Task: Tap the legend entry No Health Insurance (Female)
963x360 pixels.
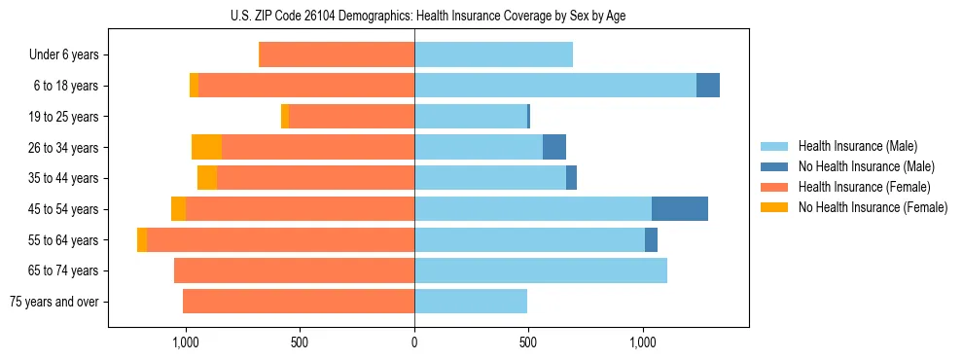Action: [873, 207]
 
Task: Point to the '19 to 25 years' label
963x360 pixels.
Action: [64, 117]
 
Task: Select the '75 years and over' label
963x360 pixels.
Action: [54, 302]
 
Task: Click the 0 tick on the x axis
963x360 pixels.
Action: [414, 342]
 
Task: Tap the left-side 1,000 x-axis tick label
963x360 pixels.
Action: [185, 342]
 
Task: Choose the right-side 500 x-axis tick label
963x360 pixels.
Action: [528, 342]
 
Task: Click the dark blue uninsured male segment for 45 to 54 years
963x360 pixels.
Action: [680, 209]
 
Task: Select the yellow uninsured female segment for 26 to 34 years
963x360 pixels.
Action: [206, 148]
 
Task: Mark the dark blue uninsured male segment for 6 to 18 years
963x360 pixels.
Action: [708, 86]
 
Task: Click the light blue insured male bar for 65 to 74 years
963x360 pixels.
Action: [541, 270]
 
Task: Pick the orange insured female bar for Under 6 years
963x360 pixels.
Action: [338, 55]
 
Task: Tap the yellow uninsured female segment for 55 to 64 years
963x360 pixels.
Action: [142, 240]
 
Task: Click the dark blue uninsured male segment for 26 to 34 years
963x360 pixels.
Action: [554, 148]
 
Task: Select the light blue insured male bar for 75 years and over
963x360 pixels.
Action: [471, 302]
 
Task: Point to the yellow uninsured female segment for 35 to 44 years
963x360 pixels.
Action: [207, 178]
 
